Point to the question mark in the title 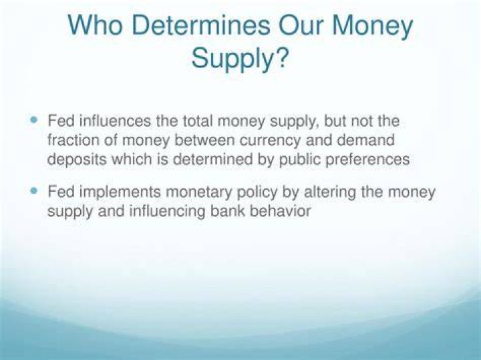point(281,57)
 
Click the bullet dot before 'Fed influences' point(34,119)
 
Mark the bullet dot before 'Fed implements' point(34,191)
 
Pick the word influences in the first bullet point(116,121)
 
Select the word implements point(120,192)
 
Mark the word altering point(330,192)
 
